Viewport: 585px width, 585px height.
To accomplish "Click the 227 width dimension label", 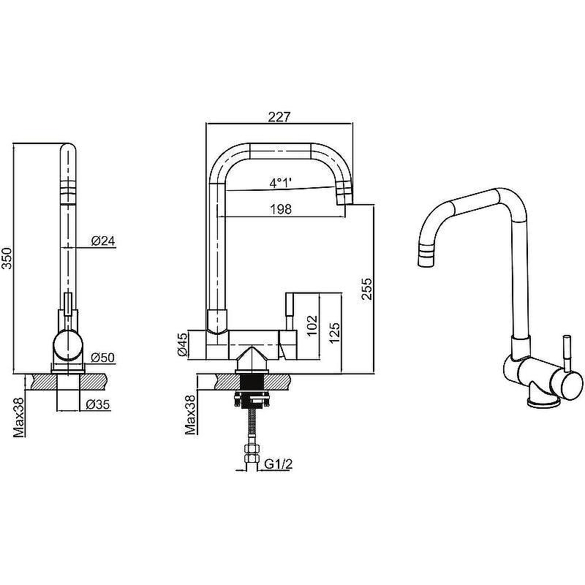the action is tap(279, 117).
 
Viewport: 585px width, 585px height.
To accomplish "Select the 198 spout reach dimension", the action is tap(281, 209).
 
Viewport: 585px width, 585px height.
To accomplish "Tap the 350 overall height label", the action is tap(7, 258).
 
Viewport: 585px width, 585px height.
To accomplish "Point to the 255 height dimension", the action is tap(366, 288).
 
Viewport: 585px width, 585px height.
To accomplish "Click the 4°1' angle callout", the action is tap(281, 182).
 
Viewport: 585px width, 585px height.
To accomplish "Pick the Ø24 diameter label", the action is tap(103, 241).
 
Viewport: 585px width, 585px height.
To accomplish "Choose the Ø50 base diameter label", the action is tap(102, 358).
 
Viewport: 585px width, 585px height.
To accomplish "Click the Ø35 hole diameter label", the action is tap(98, 404).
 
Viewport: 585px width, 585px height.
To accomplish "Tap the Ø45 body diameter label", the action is tap(182, 344).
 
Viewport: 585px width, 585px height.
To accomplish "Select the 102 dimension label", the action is tap(312, 325).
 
